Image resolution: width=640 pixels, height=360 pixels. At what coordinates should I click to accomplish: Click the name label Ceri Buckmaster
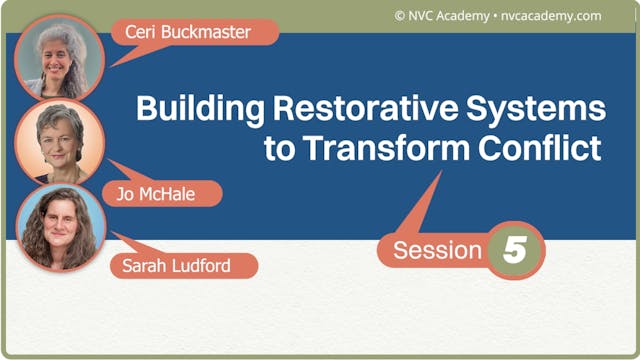click(x=190, y=31)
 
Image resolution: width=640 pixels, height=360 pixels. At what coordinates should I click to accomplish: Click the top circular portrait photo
click(x=60, y=57)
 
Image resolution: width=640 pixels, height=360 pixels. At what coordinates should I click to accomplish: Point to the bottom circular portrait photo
click(x=60, y=227)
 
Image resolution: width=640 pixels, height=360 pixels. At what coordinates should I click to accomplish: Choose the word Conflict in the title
click(x=544, y=148)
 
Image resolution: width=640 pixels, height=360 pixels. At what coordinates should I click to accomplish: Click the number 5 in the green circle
click(x=515, y=250)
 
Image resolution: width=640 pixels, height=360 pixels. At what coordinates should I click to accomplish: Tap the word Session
click(x=436, y=250)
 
